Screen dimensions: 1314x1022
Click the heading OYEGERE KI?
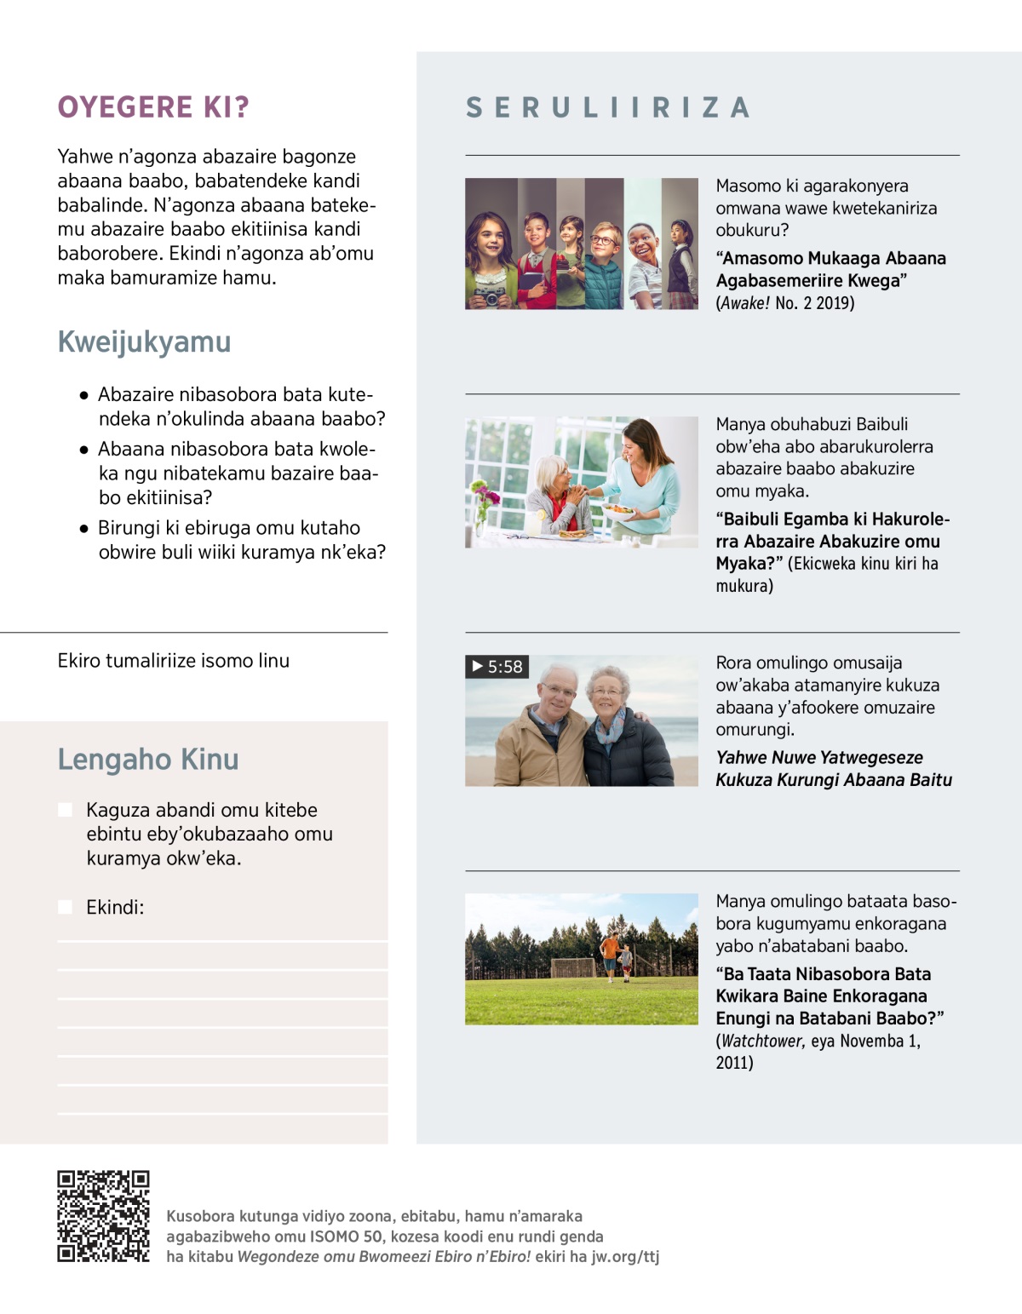click(x=153, y=107)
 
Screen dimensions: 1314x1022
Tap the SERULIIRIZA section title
click(x=608, y=108)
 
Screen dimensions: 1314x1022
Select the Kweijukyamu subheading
click(x=144, y=341)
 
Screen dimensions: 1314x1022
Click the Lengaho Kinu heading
click(x=148, y=759)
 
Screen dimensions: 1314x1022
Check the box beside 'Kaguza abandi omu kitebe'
click(x=66, y=810)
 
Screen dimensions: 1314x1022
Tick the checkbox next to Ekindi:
click(x=66, y=907)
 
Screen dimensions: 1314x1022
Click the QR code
click(x=103, y=1216)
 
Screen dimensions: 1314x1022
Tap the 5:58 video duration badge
click(x=497, y=667)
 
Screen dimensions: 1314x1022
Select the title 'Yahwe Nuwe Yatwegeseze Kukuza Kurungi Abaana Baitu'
click(x=833, y=768)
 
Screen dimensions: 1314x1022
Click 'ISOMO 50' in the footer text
click(x=346, y=1237)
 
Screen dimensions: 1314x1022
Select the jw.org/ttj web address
click(x=625, y=1257)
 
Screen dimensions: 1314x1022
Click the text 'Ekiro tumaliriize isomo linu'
click(x=174, y=661)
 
